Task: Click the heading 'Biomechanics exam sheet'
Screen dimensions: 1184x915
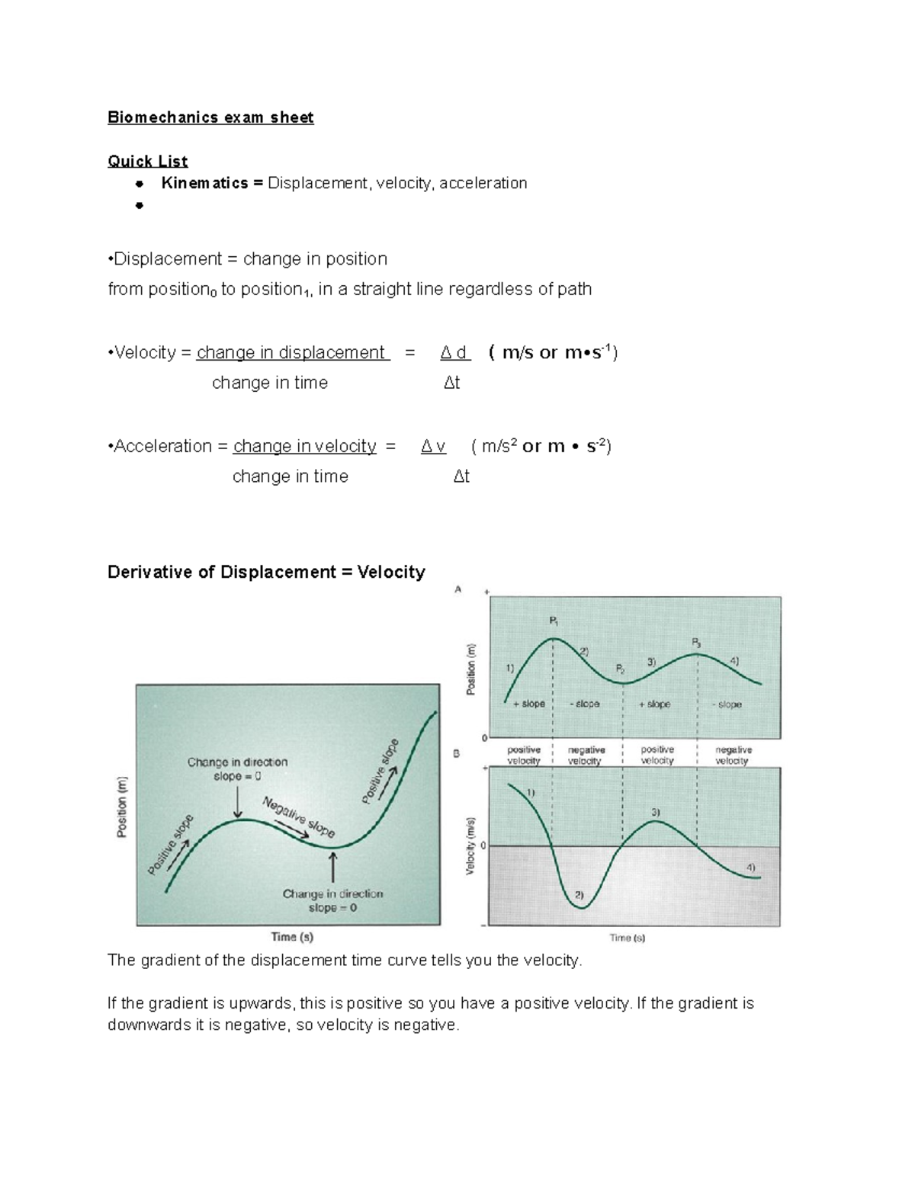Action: [210, 117]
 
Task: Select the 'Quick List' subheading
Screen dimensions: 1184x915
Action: [147, 161]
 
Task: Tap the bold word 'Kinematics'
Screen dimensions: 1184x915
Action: [204, 183]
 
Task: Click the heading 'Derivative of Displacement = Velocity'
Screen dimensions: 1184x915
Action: [266, 572]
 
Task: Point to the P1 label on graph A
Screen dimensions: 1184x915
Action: [554, 621]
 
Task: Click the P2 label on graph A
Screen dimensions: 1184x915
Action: [620, 669]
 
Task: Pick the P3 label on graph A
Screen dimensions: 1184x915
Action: [696, 643]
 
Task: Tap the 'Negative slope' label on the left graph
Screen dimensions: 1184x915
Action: [298, 817]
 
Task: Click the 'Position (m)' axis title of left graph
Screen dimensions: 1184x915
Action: [121, 807]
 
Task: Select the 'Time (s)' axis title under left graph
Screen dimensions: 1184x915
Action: [292, 936]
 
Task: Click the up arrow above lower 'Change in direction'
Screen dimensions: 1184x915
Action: [332, 868]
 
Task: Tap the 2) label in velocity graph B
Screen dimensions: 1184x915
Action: [579, 894]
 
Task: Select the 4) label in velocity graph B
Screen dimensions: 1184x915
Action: [750, 867]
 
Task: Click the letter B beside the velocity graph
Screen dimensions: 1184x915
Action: [457, 754]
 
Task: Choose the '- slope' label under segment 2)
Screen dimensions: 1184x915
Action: [584, 704]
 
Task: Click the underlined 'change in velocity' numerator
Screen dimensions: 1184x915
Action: [304, 446]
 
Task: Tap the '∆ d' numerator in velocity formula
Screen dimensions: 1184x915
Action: [454, 352]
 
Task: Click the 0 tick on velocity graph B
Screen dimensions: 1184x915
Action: [483, 846]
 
